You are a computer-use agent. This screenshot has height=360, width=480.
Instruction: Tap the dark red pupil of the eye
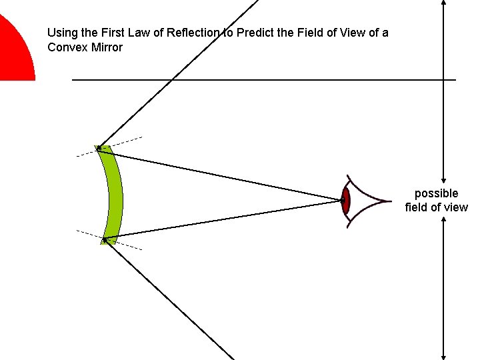click(345, 200)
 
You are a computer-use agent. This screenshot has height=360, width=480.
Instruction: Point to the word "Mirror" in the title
click(105, 47)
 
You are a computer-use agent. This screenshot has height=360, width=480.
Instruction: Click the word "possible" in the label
click(437, 193)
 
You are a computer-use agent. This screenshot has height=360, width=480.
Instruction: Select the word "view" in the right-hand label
click(456, 207)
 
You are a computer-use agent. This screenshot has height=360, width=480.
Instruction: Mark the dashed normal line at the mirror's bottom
click(130, 246)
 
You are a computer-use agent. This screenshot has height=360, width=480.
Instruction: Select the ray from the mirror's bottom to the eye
click(220, 219)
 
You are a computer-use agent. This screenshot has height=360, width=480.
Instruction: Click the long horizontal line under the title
click(267, 80)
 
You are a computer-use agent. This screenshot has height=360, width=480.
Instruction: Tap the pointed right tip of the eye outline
click(389, 200)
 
